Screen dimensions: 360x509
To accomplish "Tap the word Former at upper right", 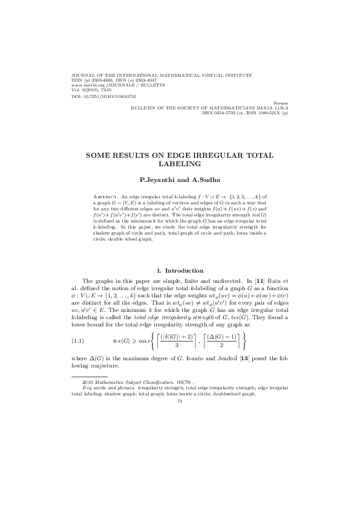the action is click(281, 103).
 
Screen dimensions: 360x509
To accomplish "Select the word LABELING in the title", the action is click(180, 163).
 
